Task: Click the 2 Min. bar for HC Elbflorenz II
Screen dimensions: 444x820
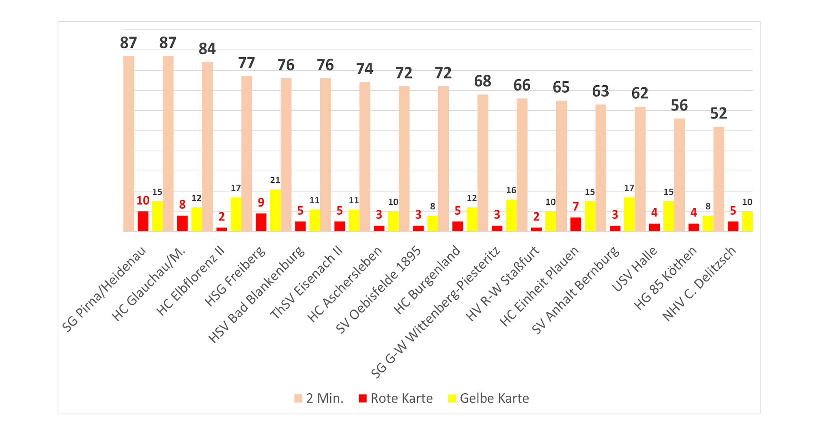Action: point(207,147)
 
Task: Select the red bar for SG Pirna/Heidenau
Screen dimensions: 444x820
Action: point(143,221)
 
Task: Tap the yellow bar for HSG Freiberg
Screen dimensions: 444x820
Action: point(275,210)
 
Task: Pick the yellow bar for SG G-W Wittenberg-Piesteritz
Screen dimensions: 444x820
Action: point(511,216)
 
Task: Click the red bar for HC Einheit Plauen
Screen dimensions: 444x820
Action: point(576,224)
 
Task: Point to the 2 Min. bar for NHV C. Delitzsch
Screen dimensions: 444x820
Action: point(719,179)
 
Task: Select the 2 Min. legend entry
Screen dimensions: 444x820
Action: point(319,399)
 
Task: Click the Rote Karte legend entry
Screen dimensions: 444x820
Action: point(396,399)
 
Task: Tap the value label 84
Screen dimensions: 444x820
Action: point(207,49)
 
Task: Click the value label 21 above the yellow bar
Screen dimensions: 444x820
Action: point(275,180)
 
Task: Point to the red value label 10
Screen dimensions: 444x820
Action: point(143,200)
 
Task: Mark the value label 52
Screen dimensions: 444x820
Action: point(718,114)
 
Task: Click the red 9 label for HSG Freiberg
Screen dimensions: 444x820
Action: point(261,203)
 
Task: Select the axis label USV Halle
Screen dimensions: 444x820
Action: point(634,269)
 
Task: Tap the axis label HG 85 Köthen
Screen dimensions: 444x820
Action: point(665,278)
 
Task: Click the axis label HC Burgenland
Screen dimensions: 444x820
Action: point(427,280)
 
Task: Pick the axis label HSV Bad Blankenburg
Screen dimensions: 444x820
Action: point(256,295)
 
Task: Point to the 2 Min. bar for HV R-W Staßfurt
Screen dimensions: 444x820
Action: point(522,165)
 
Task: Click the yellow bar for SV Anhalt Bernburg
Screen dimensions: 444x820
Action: point(629,214)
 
